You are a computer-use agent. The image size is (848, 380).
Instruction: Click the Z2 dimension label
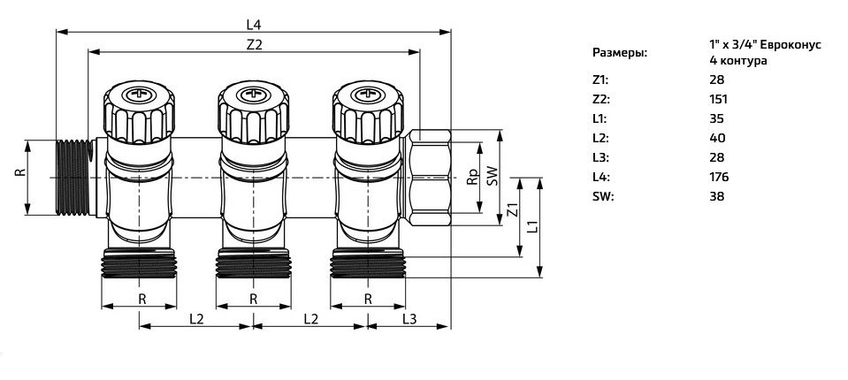coord(255,43)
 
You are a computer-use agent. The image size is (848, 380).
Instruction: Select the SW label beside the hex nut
coord(493,176)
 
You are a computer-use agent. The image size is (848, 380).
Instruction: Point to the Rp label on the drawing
coord(472,178)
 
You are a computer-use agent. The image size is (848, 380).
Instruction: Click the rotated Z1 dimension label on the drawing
coord(511,212)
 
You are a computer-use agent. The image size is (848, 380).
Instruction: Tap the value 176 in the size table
coord(719,177)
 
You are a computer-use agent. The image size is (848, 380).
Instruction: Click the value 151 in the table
coord(718,99)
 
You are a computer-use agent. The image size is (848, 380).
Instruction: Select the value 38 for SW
coord(716,196)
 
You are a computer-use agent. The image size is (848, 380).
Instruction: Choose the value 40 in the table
coord(717,138)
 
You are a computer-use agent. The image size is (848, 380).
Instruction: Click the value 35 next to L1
coord(716,118)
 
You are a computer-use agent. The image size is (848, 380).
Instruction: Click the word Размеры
coord(619,53)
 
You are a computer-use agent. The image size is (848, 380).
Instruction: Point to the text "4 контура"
coord(737,62)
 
